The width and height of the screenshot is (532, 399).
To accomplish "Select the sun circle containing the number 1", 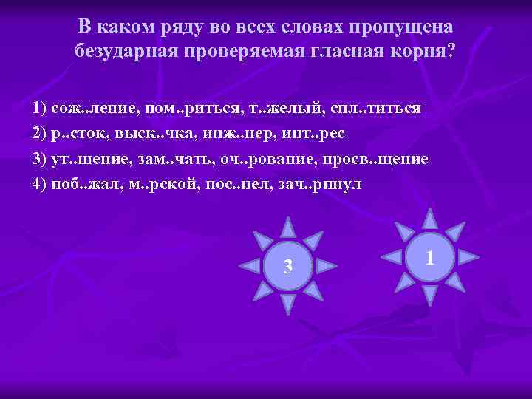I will [430, 256].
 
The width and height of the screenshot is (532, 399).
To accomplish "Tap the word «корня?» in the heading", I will [425, 51].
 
